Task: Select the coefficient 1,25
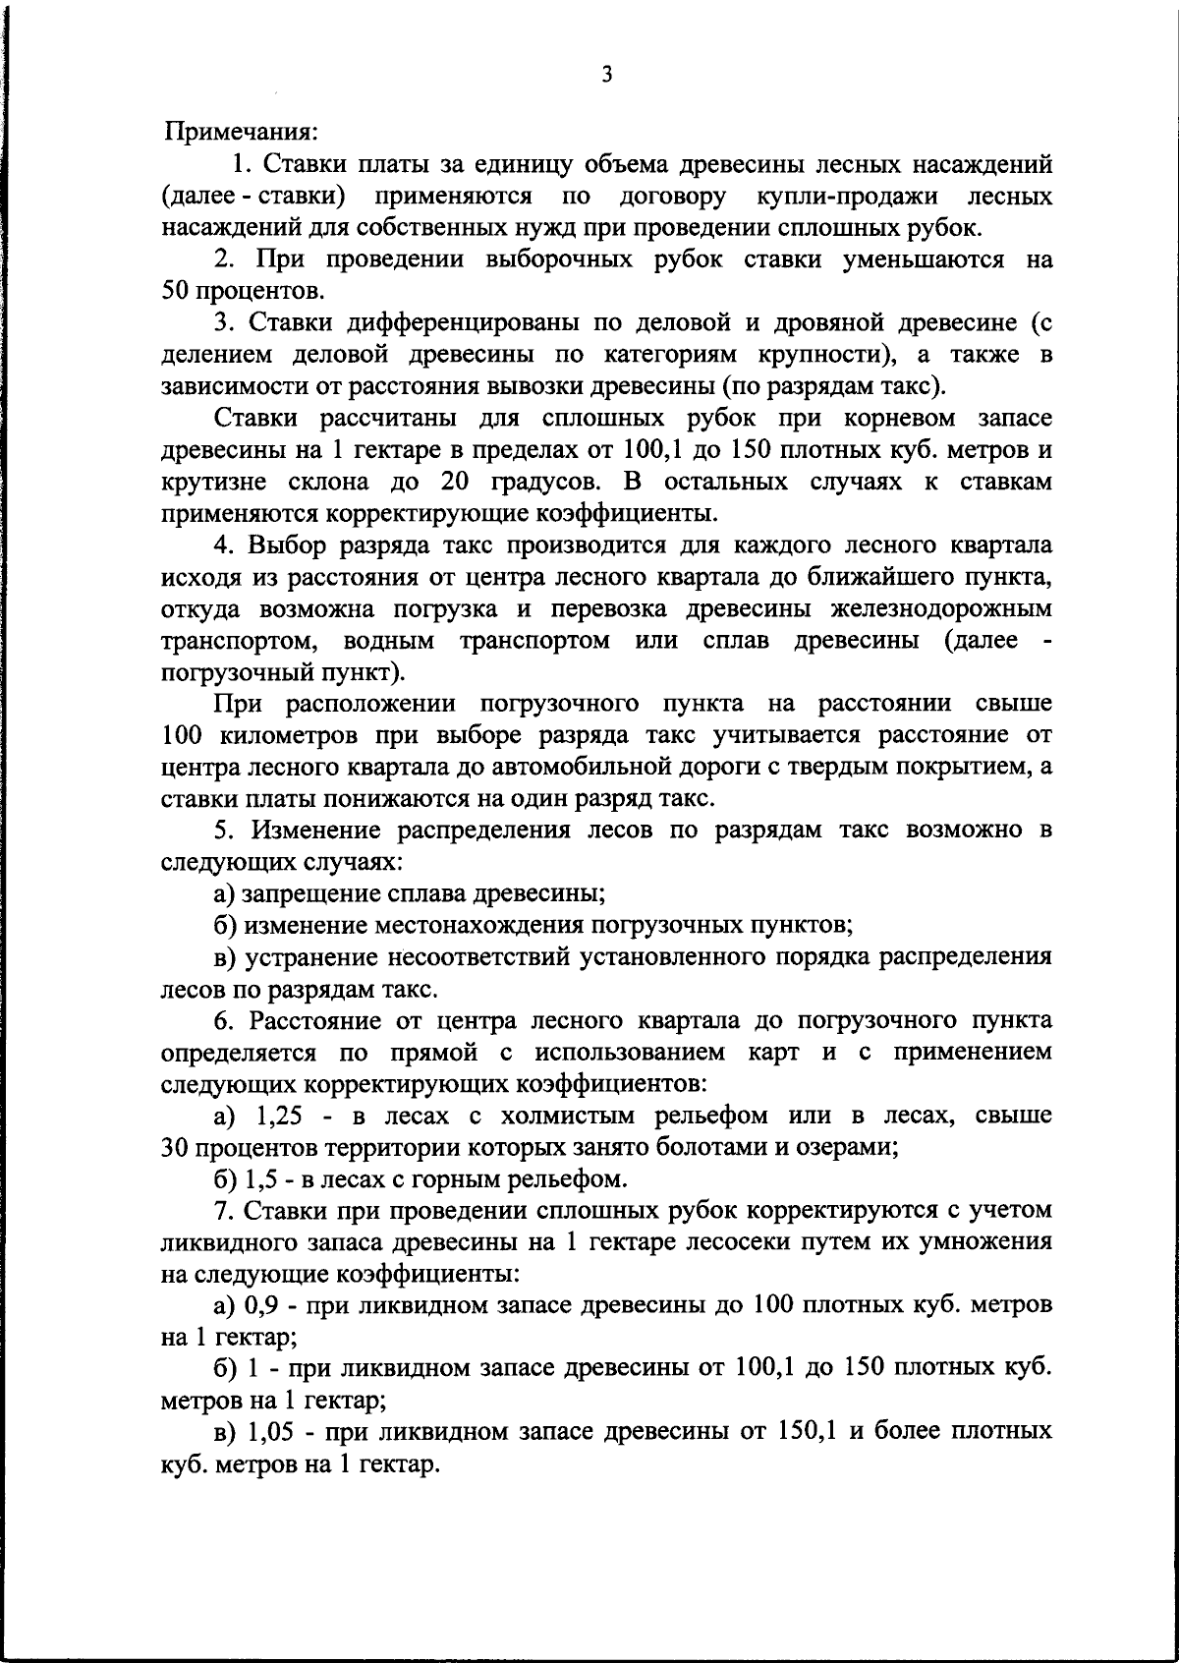tap(281, 1116)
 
